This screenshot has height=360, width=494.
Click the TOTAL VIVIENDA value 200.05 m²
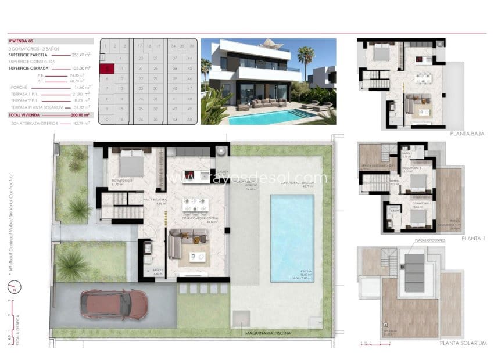tap(80, 115)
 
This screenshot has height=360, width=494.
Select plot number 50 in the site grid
tap(190, 120)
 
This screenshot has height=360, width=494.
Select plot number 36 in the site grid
tap(190, 46)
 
